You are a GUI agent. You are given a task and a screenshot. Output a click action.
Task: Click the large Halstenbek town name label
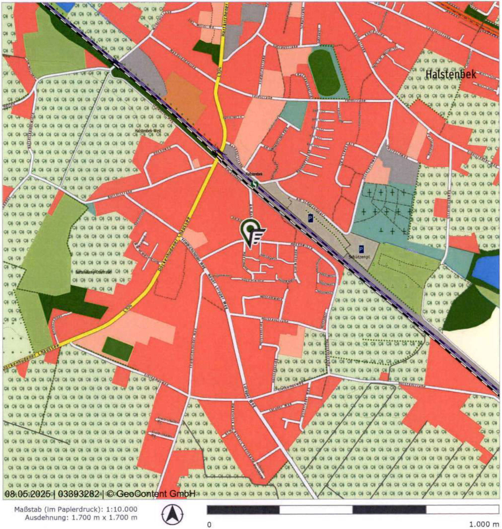coord(451,75)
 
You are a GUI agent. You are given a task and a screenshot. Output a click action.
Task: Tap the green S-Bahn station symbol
coord(255,184)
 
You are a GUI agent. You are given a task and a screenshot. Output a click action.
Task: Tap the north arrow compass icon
coord(172,514)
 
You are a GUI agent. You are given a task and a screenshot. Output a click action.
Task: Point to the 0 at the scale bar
coord(209,525)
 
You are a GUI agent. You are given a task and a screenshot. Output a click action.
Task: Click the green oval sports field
coord(324,72)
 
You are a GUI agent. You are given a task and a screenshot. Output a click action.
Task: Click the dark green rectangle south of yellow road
coord(118,348)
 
